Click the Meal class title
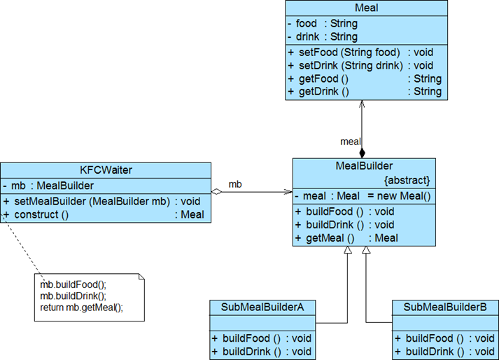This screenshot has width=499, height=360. point(366,8)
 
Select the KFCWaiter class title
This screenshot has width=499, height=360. point(105,170)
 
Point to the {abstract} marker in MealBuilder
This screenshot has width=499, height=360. point(407,179)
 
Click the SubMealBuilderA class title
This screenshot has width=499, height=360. point(262,307)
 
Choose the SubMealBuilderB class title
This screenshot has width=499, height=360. point(445,307)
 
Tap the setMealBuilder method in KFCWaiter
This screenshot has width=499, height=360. point(91,201)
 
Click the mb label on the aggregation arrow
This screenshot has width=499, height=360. point(236,185)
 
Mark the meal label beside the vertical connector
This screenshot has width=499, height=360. point(350,141)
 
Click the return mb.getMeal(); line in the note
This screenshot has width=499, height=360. point(81,307)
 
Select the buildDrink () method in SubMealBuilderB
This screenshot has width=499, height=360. point(433,351)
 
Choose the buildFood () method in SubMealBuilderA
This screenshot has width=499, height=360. point(248,338)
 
